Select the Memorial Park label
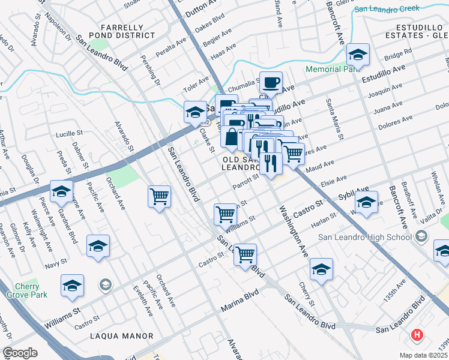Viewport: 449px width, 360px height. tap(332, 69)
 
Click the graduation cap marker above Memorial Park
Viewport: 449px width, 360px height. tap(358, 55)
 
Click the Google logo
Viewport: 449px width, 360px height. tap(20, 352)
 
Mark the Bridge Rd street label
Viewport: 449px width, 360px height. tap(396, 56)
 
